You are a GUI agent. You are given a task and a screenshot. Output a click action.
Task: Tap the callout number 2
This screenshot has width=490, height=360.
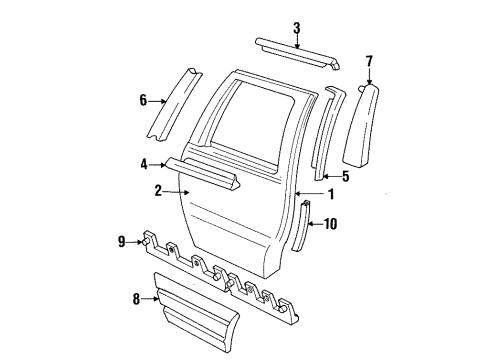click(157, 188)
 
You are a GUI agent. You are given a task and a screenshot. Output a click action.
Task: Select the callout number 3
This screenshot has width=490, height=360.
click(296, 27)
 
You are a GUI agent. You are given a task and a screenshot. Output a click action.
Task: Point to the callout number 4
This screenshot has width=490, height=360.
click(144, 164)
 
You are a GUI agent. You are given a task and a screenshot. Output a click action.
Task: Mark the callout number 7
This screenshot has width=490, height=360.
click(369, 63)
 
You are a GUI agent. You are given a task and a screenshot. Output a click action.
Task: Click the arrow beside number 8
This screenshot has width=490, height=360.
click(152, 296)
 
